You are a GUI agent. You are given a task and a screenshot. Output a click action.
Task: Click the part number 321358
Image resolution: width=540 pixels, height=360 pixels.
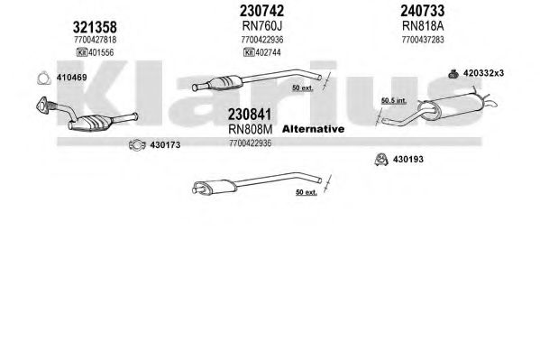pyautogui.click(x=95, y=27)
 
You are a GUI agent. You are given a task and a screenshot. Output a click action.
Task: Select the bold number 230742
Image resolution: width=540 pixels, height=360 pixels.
pyautogui.click(x=261, y=11)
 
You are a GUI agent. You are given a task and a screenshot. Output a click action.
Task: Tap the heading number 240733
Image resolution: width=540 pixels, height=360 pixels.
pyautogui.click(x=422, y=11)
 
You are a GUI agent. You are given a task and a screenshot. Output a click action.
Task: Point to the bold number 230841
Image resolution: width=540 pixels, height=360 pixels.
pyautogui.click(x=250, y=115)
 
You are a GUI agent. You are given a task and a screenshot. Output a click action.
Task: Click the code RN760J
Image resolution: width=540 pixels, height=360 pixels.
pyautogui.click(x=262, y=26)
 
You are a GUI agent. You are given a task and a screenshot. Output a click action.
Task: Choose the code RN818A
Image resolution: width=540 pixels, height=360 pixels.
pyautogui.click(x=423, y=26)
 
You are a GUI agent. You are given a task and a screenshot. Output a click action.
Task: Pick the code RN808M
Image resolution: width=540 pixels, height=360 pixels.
pyautogui.click(x=251, y=129)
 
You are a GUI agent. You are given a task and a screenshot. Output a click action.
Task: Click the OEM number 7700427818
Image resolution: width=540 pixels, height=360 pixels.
pyautogui.click(x=95, y=40)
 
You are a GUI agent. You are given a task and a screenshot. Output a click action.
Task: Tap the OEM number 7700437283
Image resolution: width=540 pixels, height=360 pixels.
pyautogui.click(x=423, y=40)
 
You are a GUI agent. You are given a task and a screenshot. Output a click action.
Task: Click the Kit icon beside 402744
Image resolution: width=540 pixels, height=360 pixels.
pyautogui.click(x=249, y=52)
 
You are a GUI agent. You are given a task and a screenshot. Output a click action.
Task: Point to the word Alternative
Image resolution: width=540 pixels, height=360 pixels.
pyautogui.click(x=313, y=129)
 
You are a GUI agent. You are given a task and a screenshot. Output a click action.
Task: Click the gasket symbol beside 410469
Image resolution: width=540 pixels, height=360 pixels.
pyautogui.click(x=44, y=78)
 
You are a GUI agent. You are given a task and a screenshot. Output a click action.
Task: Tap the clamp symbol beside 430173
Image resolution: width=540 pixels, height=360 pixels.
pyautogui.click(x=137, y=145)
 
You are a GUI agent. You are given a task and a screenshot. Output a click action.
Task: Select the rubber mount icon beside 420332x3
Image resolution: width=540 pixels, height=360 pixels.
pyautogui.click(x=453, y=73)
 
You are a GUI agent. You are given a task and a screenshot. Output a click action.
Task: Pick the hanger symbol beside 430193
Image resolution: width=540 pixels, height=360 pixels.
pyautogui.click(x=381, y=160)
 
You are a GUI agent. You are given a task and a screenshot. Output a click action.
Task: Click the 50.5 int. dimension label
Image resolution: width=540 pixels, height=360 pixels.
pyautogui.click(x=394, y=101)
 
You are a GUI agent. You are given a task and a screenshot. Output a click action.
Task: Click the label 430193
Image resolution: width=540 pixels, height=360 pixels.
pyautogui.click(x=408, y=160)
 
